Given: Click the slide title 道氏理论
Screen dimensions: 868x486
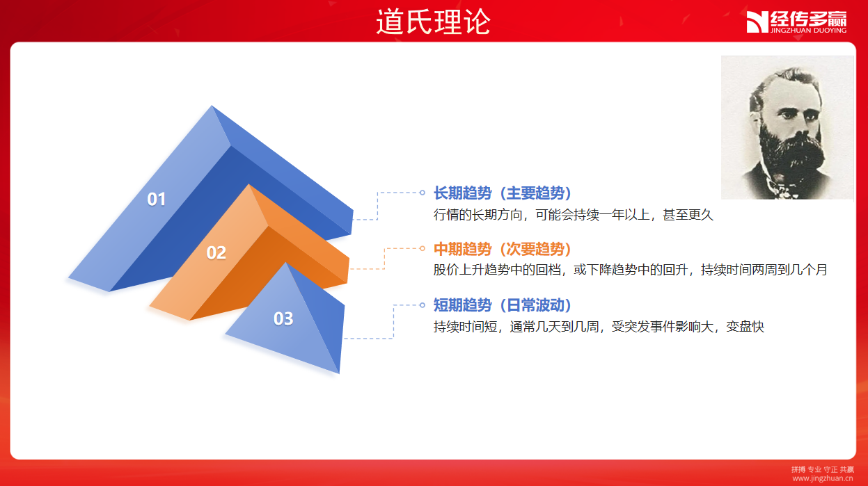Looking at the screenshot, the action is [433, 22].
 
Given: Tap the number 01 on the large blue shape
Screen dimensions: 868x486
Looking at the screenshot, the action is [156, 200].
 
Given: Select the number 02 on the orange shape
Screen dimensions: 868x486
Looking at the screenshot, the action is [216, 252].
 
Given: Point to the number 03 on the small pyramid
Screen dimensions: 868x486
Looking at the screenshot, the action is [283, 318].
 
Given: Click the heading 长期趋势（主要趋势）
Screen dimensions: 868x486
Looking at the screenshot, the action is [503, 193].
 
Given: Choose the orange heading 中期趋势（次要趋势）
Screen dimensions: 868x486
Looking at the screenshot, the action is [503, 249].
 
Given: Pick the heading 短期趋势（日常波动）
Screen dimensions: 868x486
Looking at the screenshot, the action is [503, 305].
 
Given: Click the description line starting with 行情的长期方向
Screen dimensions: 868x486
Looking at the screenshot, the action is [574, 214].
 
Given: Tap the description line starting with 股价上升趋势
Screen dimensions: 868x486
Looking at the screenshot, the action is [631, 269].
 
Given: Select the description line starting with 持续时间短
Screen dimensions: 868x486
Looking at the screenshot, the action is [599, 327].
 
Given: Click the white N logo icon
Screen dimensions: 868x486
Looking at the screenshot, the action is [757, 22].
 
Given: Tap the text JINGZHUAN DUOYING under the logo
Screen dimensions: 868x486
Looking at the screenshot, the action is [808, 30].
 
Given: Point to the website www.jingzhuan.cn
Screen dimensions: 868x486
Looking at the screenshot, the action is [823, 478].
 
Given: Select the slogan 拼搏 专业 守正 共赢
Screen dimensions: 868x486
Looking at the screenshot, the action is [823, 469].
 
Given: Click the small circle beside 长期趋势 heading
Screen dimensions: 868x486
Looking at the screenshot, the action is [423, 193].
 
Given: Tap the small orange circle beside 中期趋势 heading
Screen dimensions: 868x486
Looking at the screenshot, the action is [423, 248].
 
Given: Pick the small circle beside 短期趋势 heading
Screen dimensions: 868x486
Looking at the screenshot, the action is [423, 305].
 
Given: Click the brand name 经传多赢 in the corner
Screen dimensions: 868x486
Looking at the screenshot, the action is [808, 19].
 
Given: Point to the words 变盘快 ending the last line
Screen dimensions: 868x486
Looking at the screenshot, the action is [745, 327].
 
